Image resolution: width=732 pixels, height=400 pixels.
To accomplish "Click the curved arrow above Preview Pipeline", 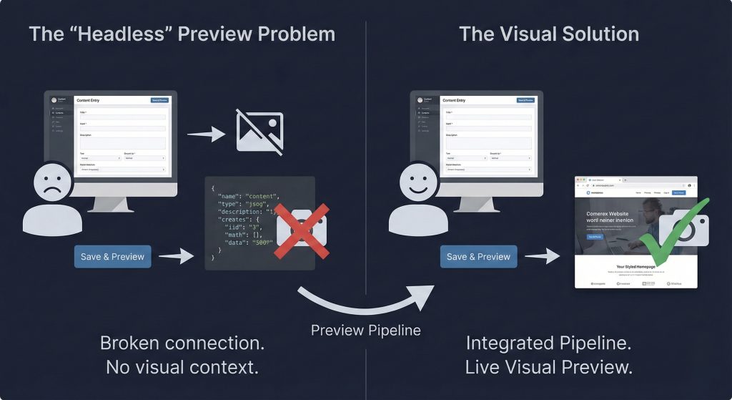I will point(365,301).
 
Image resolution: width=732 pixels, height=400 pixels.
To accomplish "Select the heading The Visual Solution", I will point(549,34).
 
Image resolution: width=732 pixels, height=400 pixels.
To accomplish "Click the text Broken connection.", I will point(182,343).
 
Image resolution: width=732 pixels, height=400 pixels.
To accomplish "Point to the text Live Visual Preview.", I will point(548,367).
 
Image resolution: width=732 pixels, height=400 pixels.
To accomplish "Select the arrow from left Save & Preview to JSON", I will point(177,256).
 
